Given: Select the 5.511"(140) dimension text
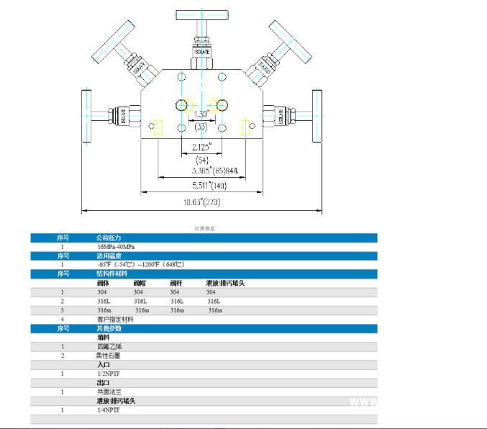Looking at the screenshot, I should pyautogui.click(x=201, y=186).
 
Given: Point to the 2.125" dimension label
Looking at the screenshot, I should pyautogui.click(x=201, y=147).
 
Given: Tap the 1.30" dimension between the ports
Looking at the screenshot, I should pyautogui.click(x=201, y=114).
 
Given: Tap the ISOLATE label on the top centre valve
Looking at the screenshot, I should pyautogui.click(x=202, y=53).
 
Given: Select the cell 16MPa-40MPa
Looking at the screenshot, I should pyautogui.click(x=116, y=246).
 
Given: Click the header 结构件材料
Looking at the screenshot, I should pyautogui.click(x=112, y=274).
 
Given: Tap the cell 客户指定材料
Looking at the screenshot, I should pyautogui.click(x=115, y=319).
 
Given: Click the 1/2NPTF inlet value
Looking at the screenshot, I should pyautogui.click(x=110, y=374).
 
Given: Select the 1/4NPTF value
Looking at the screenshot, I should pyautogui.click(x=110, y=410).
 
